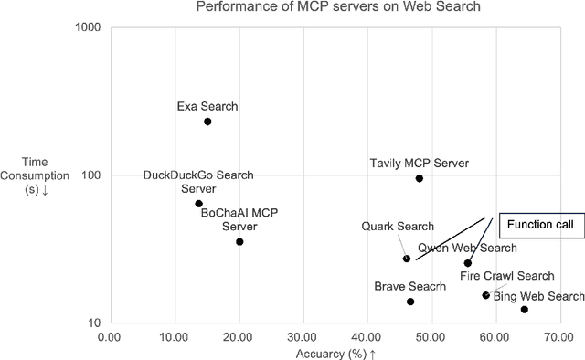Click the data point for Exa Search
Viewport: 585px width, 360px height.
[207, 122]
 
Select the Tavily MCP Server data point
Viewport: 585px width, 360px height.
[420, 178]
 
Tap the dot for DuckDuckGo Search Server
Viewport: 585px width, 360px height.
[198, 204]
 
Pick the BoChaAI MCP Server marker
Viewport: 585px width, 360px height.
[239, 241]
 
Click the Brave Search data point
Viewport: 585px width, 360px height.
[410, 302]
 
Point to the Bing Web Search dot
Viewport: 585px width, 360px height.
[525, 310]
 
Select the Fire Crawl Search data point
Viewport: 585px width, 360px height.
[486, 295]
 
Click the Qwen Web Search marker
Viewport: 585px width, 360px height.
[468, 263]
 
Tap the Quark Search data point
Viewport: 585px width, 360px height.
[407, 259]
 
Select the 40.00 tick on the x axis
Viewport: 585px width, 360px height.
[367, 338]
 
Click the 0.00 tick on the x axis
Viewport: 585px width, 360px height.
[109, 338]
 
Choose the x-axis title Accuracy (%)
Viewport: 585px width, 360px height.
[335, 353]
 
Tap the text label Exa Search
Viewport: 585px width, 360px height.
[207, 106]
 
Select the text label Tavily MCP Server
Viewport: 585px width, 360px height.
[419, 163]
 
